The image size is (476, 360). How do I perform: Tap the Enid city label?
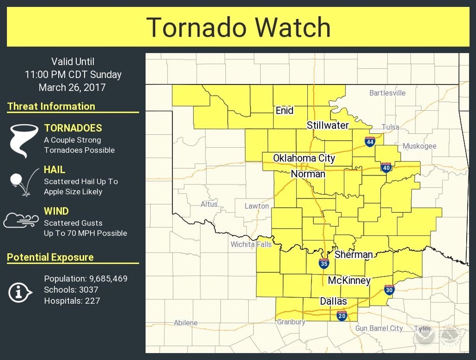pos(284,111)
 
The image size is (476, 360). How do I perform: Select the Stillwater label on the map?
pos(328,125)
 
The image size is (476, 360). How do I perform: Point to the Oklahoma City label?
pos(304,158)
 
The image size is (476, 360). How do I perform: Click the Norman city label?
pos(308,174)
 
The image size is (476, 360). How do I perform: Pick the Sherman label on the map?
pos(354,255)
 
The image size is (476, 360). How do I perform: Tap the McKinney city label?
pos(349,281)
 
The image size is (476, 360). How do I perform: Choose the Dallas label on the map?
pos(333,301)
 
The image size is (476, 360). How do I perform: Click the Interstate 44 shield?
pos(370,142)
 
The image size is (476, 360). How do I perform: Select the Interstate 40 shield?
pos(386,167)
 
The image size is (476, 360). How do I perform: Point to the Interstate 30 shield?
pos(390,290)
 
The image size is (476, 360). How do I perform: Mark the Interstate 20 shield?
pos(342,316)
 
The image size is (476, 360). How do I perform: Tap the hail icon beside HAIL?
pos(21,181)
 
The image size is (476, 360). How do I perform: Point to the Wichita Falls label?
pos(251,244)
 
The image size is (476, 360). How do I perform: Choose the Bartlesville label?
pos(387,93)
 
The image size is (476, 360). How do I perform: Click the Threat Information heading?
pos(51,106)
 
